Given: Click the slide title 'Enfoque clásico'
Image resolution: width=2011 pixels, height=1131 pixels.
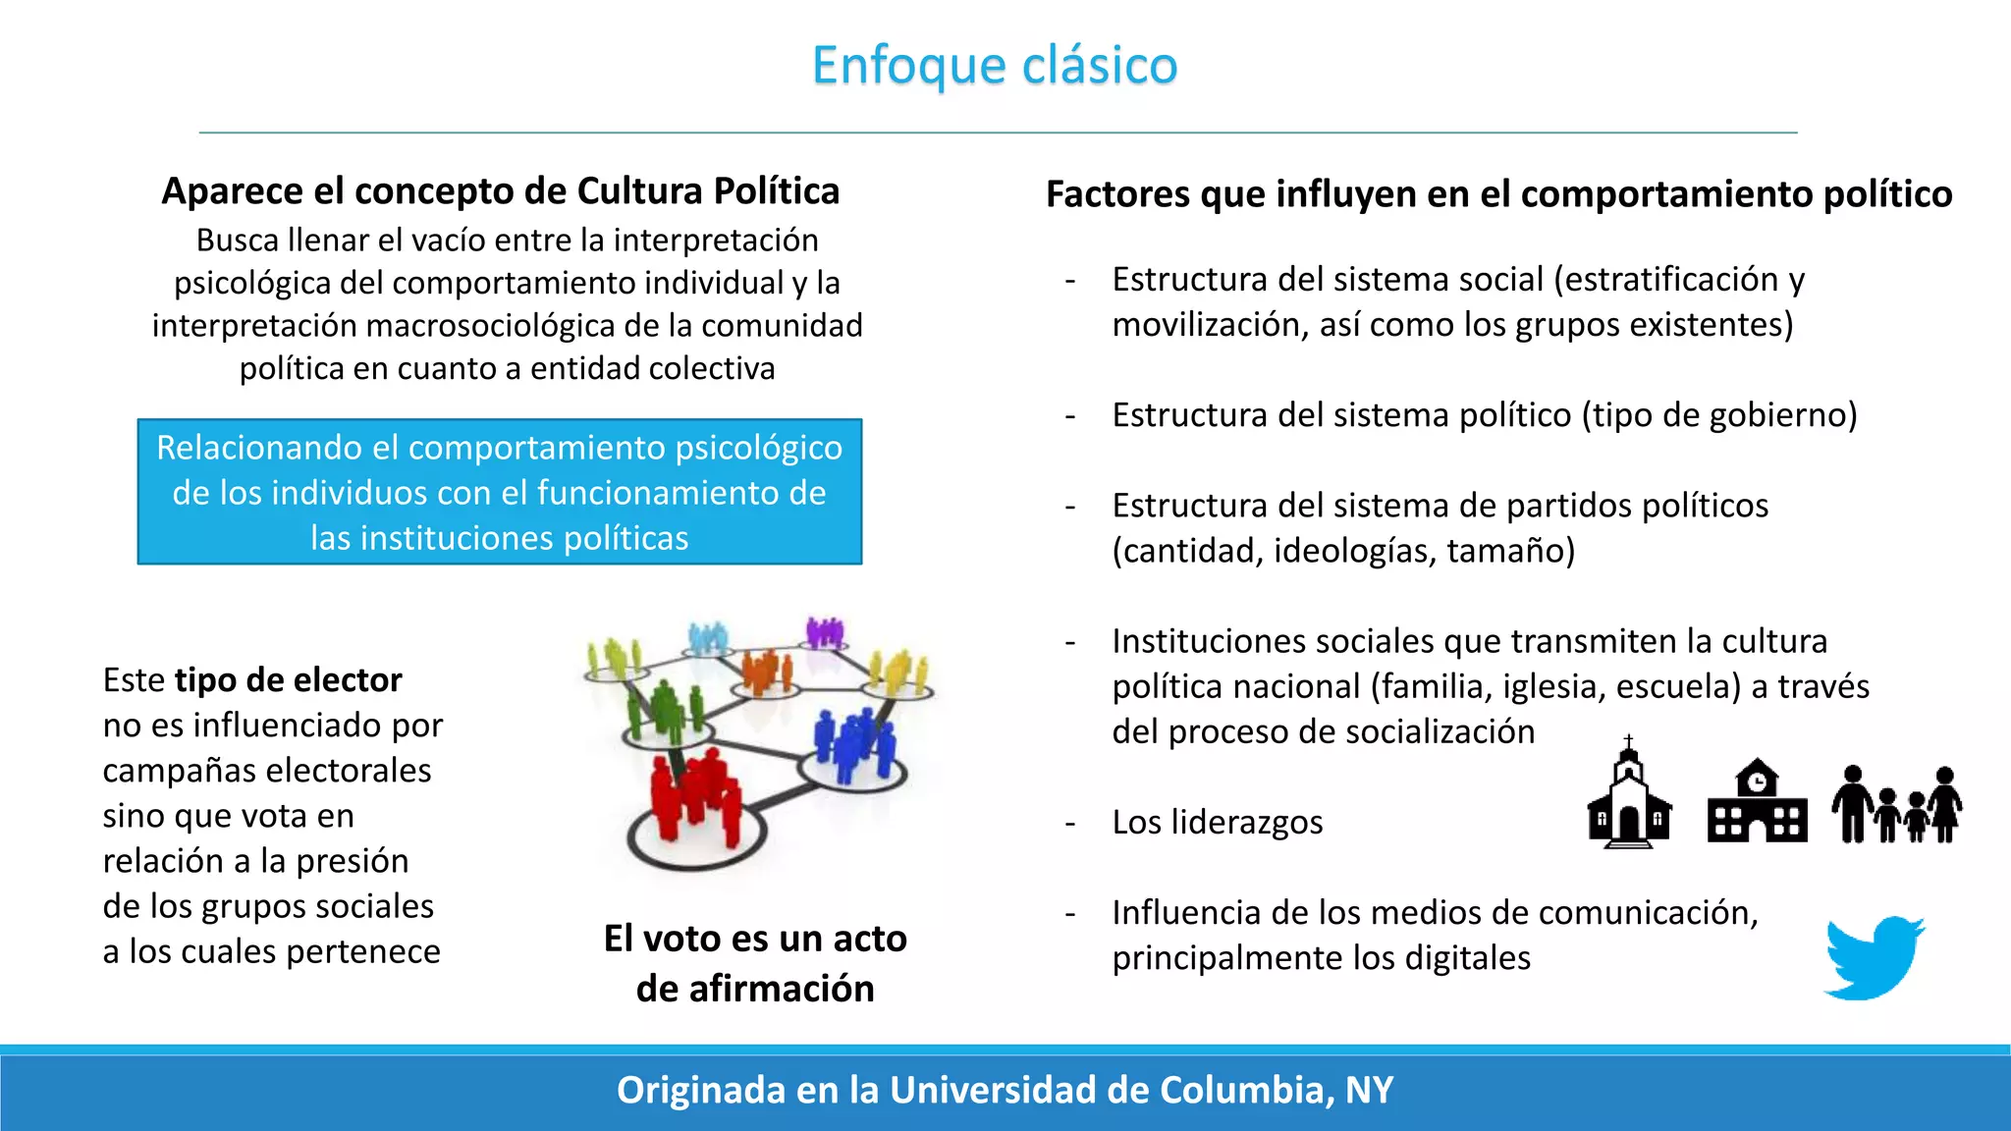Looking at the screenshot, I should tap(995, 66).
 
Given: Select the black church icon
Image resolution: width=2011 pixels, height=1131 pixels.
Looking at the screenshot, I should tap(1629, 797).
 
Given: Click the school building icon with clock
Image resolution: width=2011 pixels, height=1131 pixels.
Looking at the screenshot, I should tap(1757, 803).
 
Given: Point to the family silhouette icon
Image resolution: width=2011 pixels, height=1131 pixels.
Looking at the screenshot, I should tap(1897, 805).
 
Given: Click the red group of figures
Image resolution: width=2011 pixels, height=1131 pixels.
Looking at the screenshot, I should tap(695, 795).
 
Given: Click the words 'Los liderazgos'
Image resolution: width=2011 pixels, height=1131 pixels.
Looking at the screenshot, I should tap(1217, 822).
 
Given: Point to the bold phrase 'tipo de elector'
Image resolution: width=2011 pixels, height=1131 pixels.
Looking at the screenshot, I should tap(288, 679).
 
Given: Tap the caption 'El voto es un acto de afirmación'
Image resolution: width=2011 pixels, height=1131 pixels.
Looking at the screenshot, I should tap(755, 963).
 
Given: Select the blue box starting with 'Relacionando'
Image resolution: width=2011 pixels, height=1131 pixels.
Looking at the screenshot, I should tap(500, 492).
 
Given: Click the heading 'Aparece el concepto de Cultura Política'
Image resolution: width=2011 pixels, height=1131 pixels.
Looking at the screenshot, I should tap(501, 190).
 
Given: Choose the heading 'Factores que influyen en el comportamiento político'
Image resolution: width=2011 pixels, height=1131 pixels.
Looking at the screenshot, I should tap(1498, 193).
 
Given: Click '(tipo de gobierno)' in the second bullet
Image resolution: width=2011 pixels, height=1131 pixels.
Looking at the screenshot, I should tap(1718, 415).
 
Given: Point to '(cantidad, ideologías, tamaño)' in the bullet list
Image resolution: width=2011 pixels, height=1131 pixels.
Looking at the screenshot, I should tap(1343, 551).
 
